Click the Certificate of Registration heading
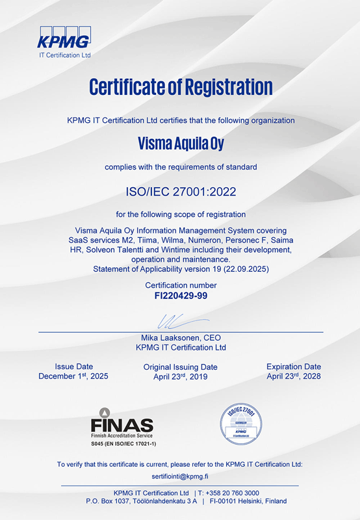pyautogui.click(x=180, y=86)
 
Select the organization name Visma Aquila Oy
pyautogui.click(x=180, y=141)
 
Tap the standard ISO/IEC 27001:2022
pyautogui.click(x=180, y=192)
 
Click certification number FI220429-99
pyautogui.click(x=180, y=295)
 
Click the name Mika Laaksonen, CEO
pyautogui.click(x=180, y=338)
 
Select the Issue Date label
pyautogui.click(x=73, y=367)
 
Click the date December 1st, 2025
pyautogui.click(x=73, y=376)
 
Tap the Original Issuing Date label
pyautogui.click(x=180, y=367)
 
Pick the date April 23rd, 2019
pyautogui.click(x=180, y=377)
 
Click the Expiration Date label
pyautogui.click(x=294, y=367)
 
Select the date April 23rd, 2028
pyautogui.click(x=294, y=376)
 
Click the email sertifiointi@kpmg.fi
pyautogui.click(x=180, y=476)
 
